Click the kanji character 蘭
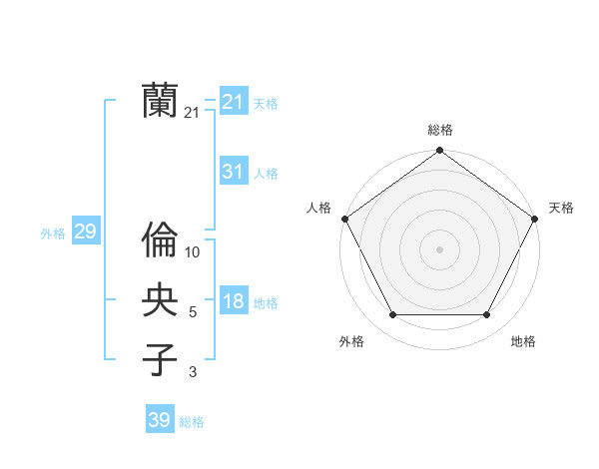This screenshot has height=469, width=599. click(160, 101)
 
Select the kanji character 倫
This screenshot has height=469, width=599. click(160, 239)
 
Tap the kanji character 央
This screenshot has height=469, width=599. click(160, 300)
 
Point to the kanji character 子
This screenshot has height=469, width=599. click(160, 359)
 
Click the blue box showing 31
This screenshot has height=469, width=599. click(234, 172)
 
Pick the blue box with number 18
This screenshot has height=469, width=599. click(234, 301)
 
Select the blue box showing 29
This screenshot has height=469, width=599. click(86, 233)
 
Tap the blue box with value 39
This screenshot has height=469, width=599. click(160, 420)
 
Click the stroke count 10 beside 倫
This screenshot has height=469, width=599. click(193, 253)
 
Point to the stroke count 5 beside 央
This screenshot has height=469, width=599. click(193, 313)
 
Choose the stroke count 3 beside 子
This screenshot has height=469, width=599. click(193, 373)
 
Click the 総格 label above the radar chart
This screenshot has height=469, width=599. click(440, 131)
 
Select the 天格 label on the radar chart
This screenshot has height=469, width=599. click(562, 208)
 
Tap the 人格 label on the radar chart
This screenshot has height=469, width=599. click(319, 208)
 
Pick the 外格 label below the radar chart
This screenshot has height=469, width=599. click(351, 342)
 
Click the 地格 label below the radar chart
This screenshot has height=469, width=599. click(523, 342)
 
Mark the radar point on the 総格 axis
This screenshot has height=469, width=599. click(440, 151)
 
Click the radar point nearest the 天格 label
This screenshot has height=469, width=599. click(535, 219)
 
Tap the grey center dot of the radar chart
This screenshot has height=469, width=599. click(440, 248)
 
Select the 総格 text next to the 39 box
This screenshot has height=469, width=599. click(192, 422)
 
